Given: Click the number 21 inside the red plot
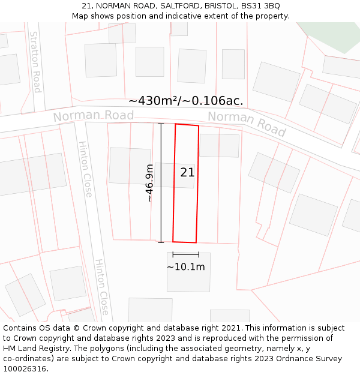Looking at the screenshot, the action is pyautogui.click(x=187, y=173).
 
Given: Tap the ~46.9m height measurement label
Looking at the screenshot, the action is pyautogui.click(x=149, y=183).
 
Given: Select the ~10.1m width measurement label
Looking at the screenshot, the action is pyautogui.click(x=185, y=267).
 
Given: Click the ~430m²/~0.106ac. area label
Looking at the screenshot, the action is pyautogui.click(x=185, y=101).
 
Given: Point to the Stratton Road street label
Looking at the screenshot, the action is pyautogui.click(x=35, y=62).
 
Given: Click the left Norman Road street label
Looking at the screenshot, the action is pyautogui.click(x=93, y=115).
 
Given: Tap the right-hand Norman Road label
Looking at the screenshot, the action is pyautogui.click(x=247, y=124).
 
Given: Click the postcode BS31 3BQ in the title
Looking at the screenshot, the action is pyautogui.click(x=260, y=6).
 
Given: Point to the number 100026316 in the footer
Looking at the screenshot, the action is pyautogui.click(x=25, y=369).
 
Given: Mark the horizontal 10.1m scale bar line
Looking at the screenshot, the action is pyautogui.click(x=185, y=255).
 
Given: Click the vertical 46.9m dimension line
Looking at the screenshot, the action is pyautogui.click(x=161, y=183).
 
